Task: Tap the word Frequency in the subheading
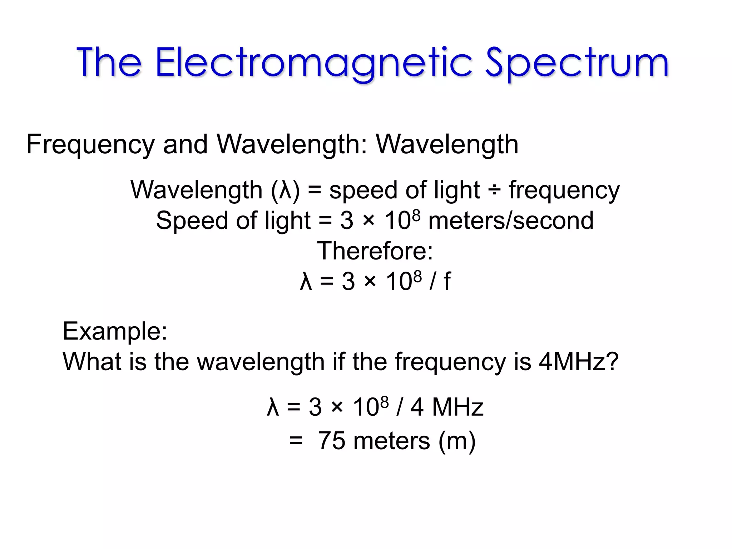coord(90,145)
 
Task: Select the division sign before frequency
coord(494,191)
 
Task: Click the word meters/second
coord(511,221)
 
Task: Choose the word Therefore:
coord(375,251)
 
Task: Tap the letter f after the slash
coord(447,281)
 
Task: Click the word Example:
coord(115,331)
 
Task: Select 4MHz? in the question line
coord(578,362)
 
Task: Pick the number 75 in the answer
coord(332,441)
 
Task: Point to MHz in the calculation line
coord(457,407)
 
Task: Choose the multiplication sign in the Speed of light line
coord(369,221)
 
